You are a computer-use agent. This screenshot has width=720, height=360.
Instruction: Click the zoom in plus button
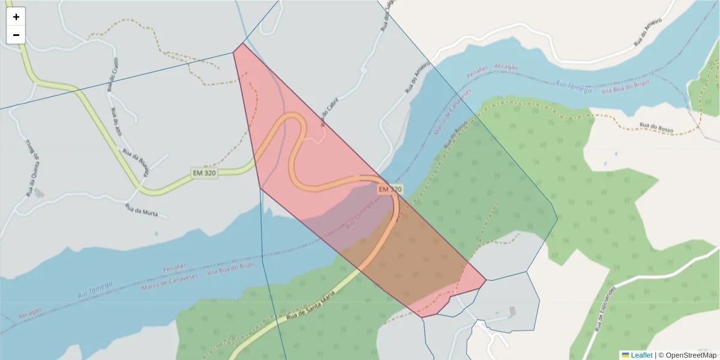click(16, 17)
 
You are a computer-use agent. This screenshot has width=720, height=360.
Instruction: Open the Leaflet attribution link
click(641, 355)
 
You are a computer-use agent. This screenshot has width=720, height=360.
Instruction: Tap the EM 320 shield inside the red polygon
click(389, 189)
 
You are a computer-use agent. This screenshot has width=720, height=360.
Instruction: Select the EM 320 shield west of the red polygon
click(204, 173)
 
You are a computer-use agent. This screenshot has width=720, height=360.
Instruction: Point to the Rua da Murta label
click(141, 210)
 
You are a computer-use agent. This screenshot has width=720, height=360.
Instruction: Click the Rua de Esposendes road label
click(607, 309)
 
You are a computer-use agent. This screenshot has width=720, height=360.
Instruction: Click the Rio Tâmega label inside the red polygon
click(360, 214)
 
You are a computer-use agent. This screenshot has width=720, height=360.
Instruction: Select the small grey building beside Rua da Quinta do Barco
click(39, 193)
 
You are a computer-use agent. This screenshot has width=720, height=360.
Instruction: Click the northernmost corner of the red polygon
click(241, 43)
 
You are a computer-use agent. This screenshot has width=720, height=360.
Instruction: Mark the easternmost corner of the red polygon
click(486, 280)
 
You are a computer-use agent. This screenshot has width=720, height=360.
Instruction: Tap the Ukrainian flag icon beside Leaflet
click(625, 355)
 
